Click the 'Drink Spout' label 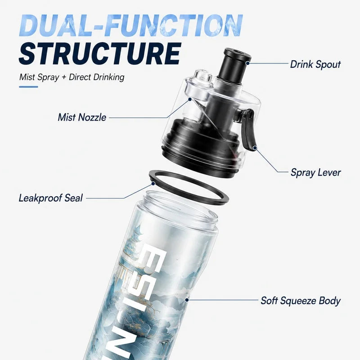[x=315, y=64]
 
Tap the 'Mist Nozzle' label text [x=82, y=117]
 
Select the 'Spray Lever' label [x=316, y=172]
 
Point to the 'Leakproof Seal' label [x=50, y=198]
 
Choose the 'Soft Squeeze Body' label [x=301, y=301]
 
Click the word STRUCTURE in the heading [x=100, y=54]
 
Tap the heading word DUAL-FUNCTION [x=131, y=26]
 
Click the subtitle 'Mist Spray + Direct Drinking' [x=72, y=77]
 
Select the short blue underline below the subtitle [x=28, y=87]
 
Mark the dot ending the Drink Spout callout [x=247, y=63]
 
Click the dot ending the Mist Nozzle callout [x=190, y=99]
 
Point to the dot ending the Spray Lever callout [x=255, y=148]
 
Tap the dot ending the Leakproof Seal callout [x=153, y=184]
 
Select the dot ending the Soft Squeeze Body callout [x=187, y=300]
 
